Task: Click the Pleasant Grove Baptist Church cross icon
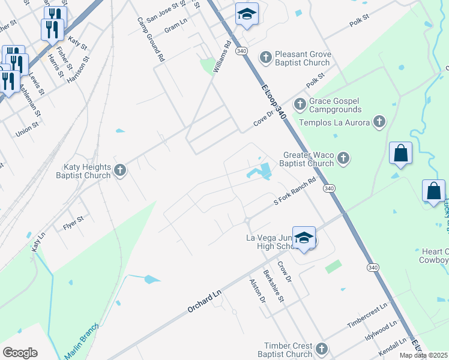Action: [265, 58]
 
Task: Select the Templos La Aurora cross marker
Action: [379, 122]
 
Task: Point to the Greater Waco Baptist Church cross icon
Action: [343, 158]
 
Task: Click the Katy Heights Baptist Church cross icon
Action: [119, 170]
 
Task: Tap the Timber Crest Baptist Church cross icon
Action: [322, 349]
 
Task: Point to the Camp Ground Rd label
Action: [151, 40]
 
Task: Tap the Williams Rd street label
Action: [222, 56]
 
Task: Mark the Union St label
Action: [27, 128]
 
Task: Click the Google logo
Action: [20, 353]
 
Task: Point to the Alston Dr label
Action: [257, 290]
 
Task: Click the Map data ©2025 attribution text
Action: [424, 355]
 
